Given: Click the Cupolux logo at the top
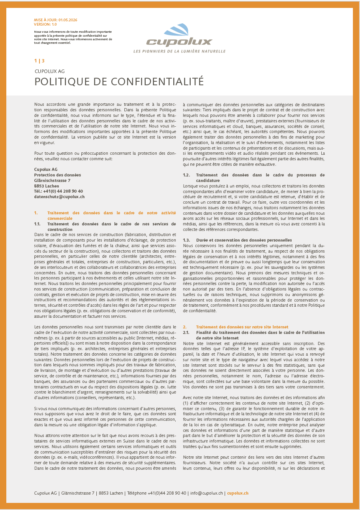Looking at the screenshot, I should (x=180, y=36).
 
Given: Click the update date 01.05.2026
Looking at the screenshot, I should (x=68, y=20).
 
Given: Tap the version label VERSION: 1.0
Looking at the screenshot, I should (x=45, y=24).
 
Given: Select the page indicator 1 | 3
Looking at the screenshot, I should (x=39, y=61).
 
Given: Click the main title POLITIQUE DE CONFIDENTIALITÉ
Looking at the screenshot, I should (x=119, y=81).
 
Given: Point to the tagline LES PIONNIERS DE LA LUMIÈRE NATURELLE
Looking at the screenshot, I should (x=180, y=51).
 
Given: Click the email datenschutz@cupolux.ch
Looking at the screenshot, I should (x=59, y=196).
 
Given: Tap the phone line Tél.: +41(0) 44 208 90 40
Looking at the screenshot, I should (x=58, y=191).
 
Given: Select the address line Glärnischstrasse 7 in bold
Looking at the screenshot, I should (x=52, y=180).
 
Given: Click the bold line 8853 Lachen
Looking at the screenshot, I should (x=47, y=186).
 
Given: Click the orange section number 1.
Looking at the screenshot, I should (x=36, y=213).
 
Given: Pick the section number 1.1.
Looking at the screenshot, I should (x=37, y=224).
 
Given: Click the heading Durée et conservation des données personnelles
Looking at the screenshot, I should (x=244, y=240).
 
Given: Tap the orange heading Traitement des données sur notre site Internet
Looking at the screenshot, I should (x=242, y=327).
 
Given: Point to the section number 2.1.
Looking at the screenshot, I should (x=186, y=333).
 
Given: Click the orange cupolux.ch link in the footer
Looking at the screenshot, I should (x=238, y=493).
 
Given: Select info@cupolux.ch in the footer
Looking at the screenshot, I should (x=206, y=493).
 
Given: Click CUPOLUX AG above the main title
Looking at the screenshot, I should (x=49, y=71).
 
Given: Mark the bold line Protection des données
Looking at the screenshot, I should (x=58, y=175).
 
